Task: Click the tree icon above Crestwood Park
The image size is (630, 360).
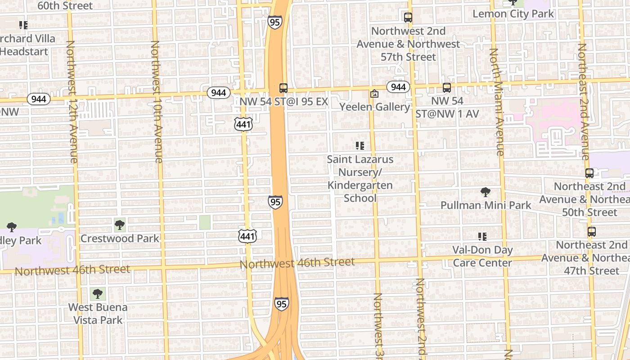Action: coord(119,225)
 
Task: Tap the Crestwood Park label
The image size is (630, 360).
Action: coord(120,238)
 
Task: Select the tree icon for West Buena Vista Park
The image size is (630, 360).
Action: coord(97,294)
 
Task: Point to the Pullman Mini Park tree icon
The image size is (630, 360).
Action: coord(485,192)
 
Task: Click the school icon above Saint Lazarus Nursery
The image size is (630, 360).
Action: coord(360,146)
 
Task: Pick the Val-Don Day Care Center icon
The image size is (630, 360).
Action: coord(482,236)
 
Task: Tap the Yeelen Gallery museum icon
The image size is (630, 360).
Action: coord(374,94)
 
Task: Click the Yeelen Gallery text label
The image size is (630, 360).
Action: coord(375,107)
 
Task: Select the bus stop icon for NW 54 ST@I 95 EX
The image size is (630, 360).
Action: coord(283,88)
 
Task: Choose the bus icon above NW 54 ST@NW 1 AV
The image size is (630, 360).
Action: coord(446,88)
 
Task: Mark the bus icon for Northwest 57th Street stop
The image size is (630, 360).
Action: coord(408,18)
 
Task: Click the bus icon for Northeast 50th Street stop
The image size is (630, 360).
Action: coord(589,173)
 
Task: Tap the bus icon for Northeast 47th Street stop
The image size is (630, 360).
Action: coord(591,232)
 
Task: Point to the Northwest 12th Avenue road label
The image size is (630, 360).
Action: coord(72,102)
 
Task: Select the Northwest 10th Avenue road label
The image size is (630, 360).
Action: coord(156,102)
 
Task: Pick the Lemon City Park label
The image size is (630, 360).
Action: coord(513,14)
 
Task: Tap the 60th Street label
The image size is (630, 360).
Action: coord(65,6)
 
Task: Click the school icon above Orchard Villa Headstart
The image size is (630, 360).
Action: coord(23,25)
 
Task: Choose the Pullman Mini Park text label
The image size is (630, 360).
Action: coord(486,206)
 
